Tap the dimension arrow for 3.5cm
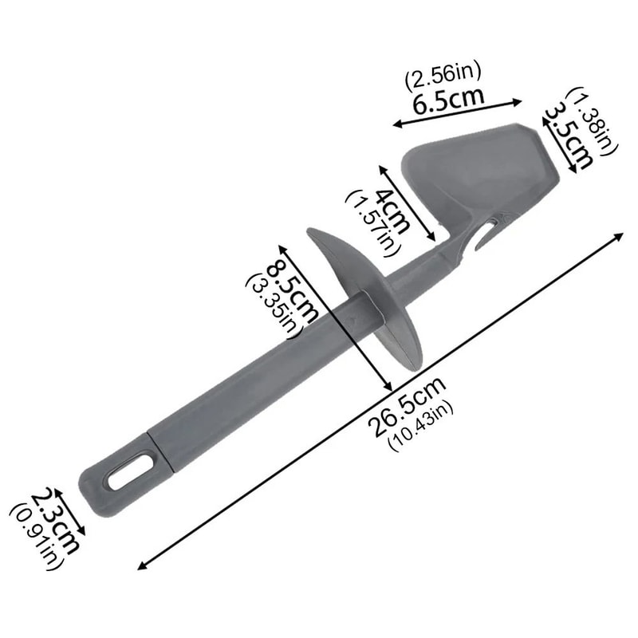[x=558, y=140]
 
